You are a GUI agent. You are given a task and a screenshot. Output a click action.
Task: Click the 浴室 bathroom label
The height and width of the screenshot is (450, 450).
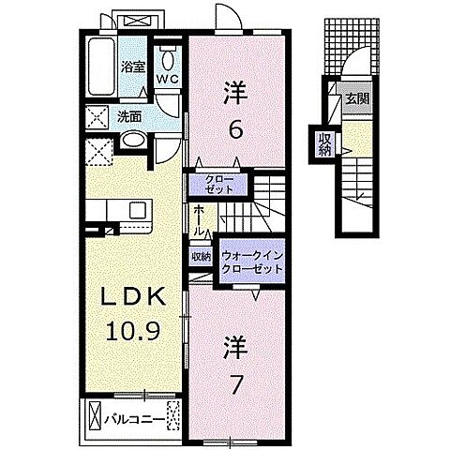pyautogui.click(x=132, y=67)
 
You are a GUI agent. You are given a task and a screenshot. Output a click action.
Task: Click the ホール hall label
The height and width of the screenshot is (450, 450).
pyautogui.click(x=201, y=222)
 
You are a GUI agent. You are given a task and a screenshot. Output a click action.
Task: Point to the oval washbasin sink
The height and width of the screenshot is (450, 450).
pyautogui.click(x=134, y=142)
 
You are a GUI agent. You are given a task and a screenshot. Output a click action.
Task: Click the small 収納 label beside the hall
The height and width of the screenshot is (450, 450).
pyautogui.click(x=202, y=256)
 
